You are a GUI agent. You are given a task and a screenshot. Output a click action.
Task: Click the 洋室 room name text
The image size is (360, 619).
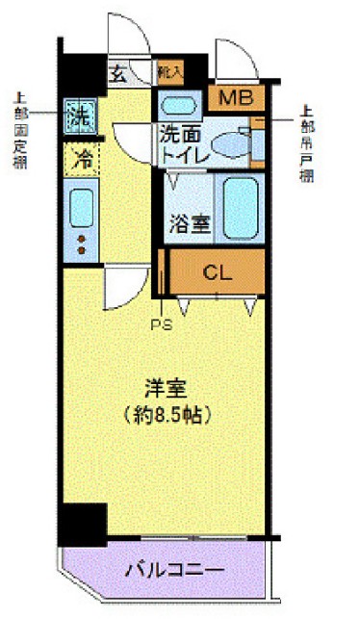(x=167, y=390)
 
